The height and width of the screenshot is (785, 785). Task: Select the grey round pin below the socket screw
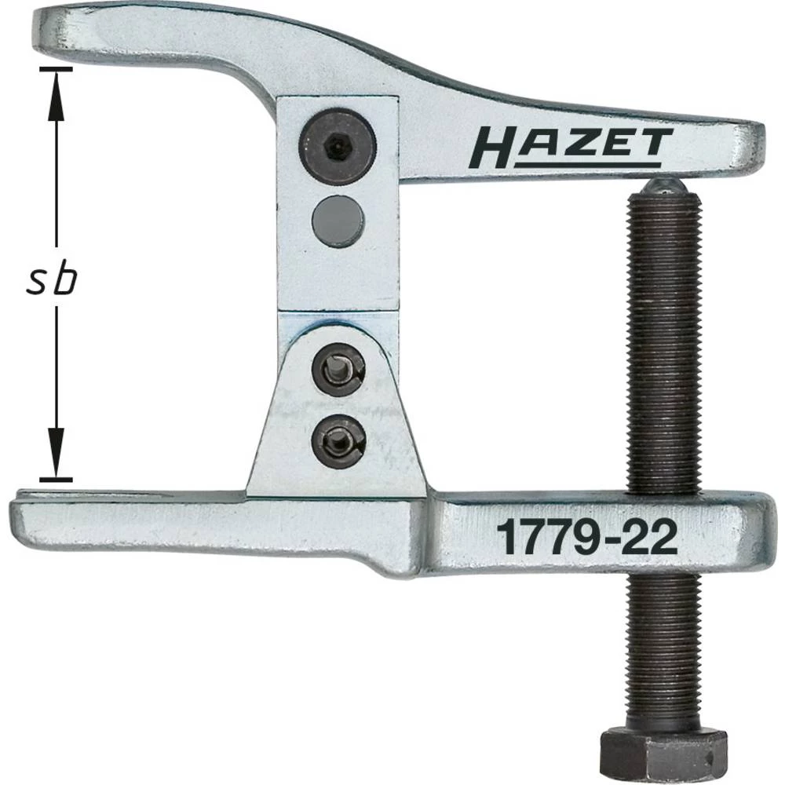coord(338,222)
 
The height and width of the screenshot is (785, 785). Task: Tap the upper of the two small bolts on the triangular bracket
coord(338,368)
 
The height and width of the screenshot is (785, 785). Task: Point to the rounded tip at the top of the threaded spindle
coord(664,186)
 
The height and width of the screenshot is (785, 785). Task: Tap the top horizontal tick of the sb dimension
coord(55,68)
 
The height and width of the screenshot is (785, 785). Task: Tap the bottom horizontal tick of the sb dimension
coord(55,478)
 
